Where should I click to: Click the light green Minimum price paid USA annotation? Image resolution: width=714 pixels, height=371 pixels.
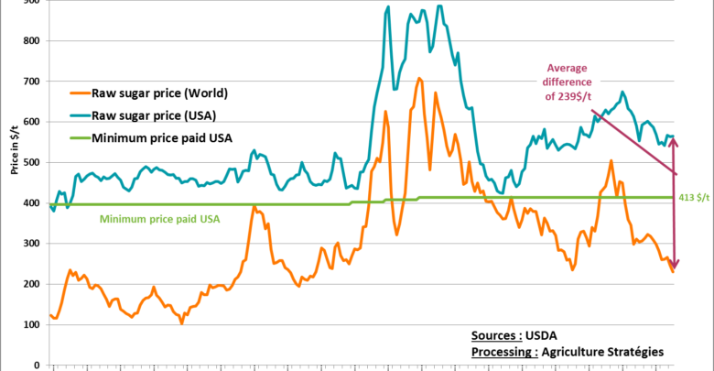[x=159, y=219]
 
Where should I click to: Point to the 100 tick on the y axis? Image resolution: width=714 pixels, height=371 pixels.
[x=31, y=324]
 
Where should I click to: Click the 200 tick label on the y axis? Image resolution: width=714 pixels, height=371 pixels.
[x=31, y=284]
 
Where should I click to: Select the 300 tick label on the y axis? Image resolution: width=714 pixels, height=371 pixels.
[x=31, y=244]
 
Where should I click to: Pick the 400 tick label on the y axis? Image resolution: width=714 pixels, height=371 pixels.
[x=31, y=202]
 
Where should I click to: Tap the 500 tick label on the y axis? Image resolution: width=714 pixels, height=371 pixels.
[x=31, y=162]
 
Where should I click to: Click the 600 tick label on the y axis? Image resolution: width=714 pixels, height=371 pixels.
[x=31, y=122]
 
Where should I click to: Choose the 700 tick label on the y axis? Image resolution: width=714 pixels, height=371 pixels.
[x=31, y=82]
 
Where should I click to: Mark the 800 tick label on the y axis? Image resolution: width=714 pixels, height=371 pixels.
[x=31, y=40]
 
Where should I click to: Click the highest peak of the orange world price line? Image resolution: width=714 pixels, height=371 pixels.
[x=419, y=79]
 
